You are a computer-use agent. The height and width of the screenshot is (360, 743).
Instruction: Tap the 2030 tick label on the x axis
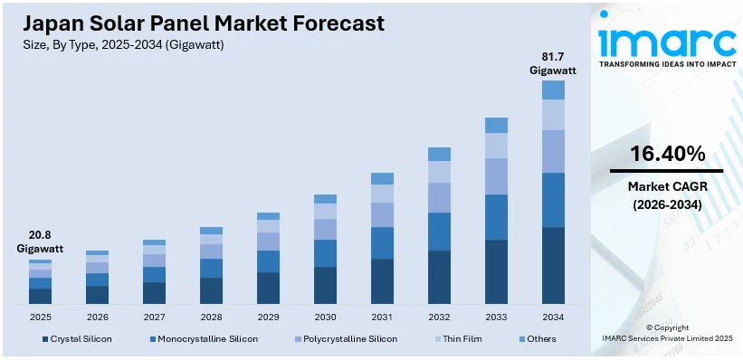(x=325, y=317)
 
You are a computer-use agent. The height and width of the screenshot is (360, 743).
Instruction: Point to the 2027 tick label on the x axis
(x=154, y=317)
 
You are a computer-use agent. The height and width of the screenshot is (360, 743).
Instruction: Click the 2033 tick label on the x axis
(x=496, y=317)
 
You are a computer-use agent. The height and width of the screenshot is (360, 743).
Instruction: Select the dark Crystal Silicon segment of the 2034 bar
(x=553, y=265)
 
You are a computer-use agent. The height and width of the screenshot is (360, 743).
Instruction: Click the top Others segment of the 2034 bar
(x=553, y=90)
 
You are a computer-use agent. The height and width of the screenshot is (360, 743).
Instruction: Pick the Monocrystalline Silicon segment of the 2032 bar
(x=439, y=232)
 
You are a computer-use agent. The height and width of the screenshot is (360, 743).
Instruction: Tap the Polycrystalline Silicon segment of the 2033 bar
(x=496, y=176)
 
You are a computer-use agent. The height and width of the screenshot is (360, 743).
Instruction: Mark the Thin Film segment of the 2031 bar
(x=382, y=194)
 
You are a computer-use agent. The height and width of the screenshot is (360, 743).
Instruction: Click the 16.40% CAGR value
(x=666, y=155)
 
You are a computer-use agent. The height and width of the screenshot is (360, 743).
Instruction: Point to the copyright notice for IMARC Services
(x=666, y=333)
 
